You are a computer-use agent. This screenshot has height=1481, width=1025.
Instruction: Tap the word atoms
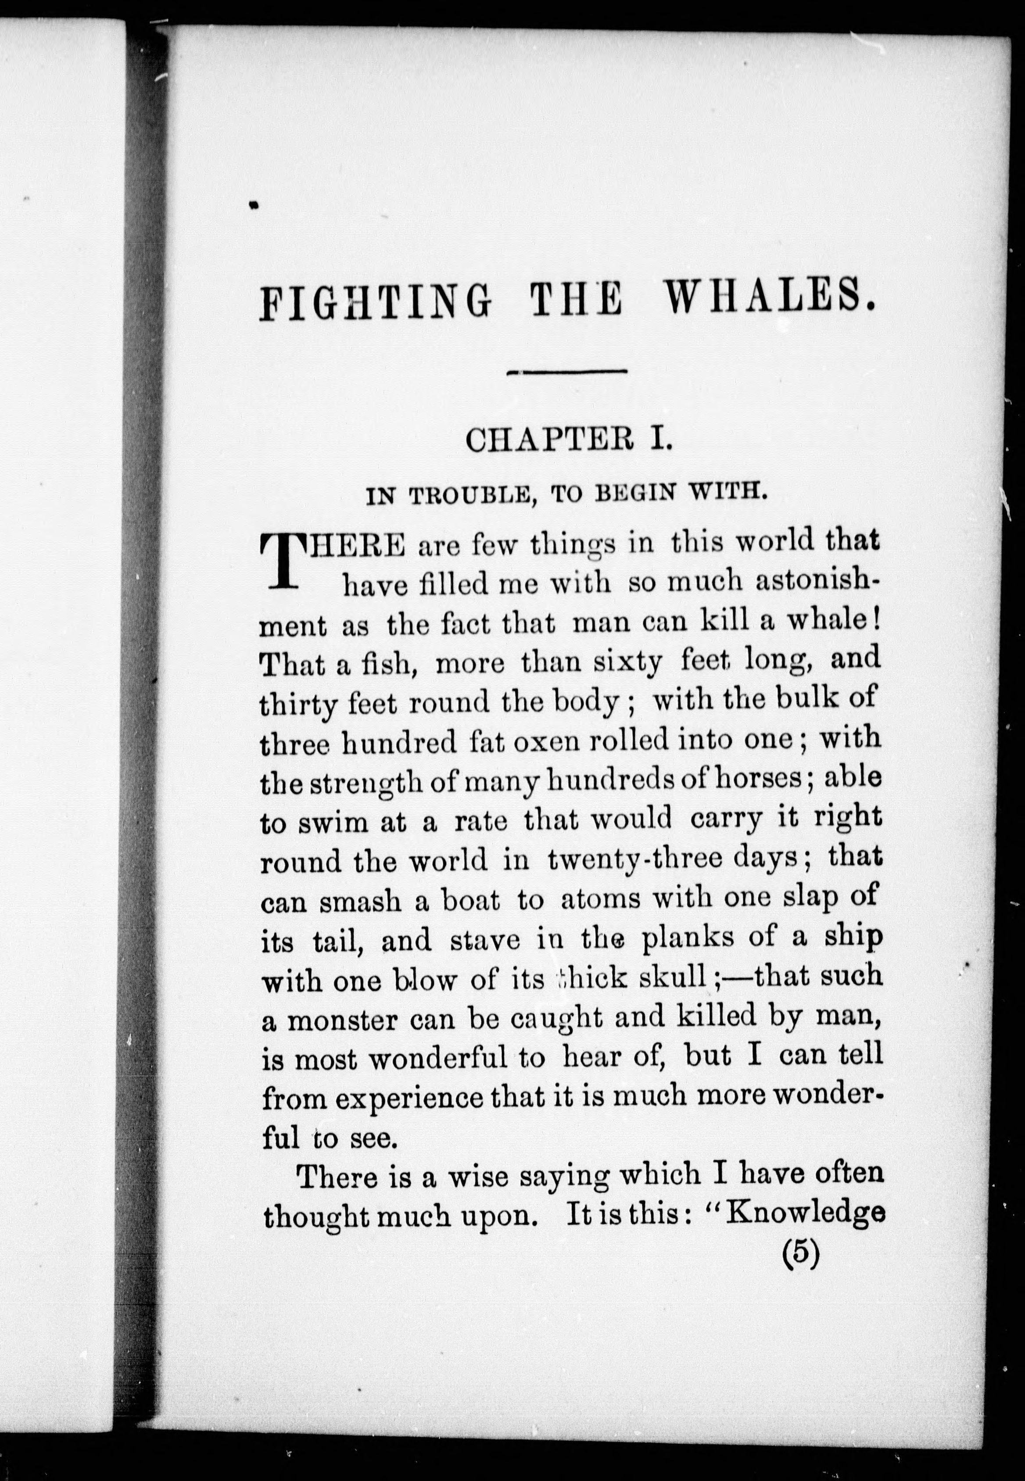(601, 901)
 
